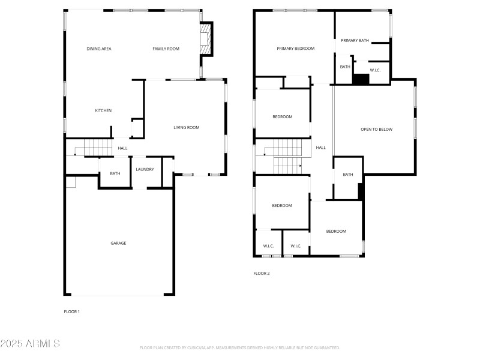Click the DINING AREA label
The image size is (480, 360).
pos(98,49)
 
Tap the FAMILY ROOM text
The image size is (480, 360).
pos(166,49)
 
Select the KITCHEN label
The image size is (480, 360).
pos(103,110)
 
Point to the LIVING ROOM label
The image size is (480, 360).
pos(186,127)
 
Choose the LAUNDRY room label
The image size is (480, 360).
pos(145,169)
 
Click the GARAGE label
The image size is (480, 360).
pos(118,243)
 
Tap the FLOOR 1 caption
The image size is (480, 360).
pos(71,311)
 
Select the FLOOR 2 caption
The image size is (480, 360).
pos(262,273)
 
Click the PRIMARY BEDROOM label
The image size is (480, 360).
pos(295,49)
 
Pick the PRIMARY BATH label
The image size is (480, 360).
pos(355,40)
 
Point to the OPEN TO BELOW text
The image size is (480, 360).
pos(376,129)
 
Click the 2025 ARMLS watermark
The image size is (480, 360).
pos(30,344)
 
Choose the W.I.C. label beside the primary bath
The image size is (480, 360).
pos(375,70)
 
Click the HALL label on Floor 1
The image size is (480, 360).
pos(122,148)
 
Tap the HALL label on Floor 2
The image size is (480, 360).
pos(320,148)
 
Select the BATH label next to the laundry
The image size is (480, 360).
pos(115,174)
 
